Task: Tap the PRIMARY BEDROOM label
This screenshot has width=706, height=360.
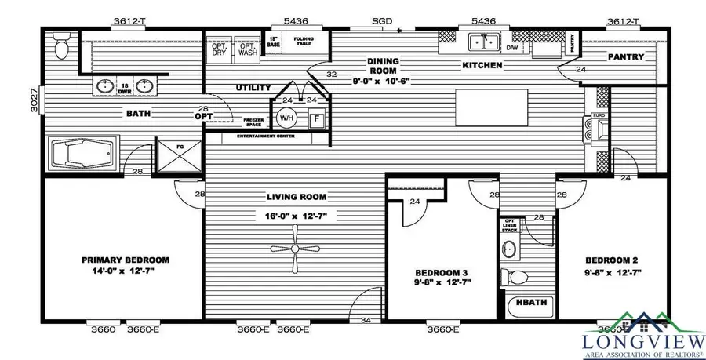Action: tap(126, 260)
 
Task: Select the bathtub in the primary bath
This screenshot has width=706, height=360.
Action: tap(82, 154)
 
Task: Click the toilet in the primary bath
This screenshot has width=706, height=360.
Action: tap(64, 48)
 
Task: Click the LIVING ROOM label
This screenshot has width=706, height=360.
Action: tap(296, 197)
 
